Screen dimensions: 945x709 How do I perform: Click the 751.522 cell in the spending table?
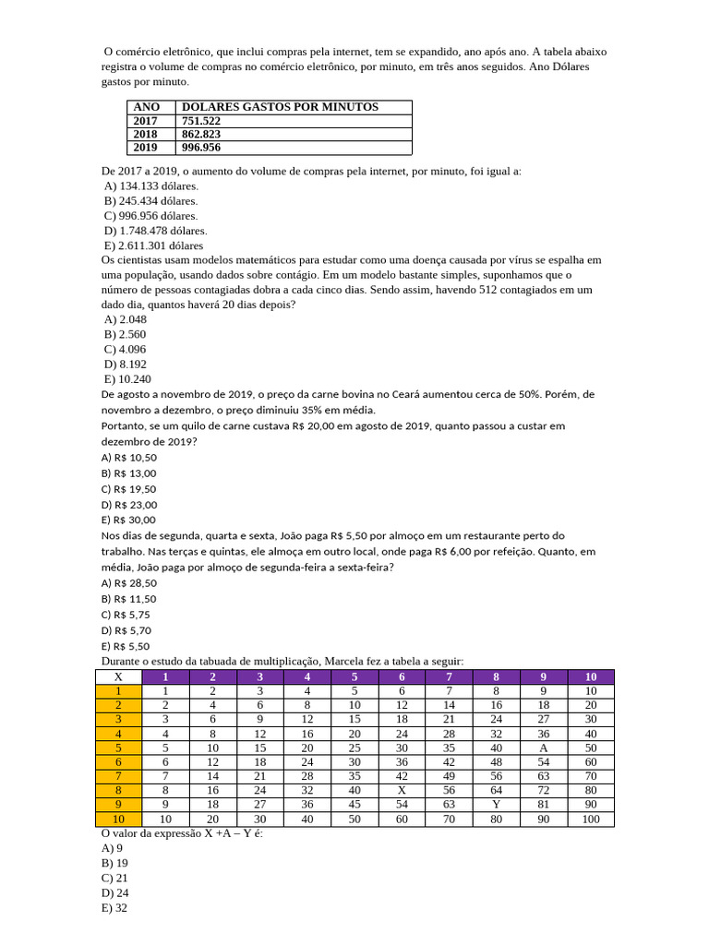[201, 121]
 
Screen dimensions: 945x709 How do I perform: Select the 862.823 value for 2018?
[201, 134]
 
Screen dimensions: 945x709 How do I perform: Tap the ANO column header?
[147, 107]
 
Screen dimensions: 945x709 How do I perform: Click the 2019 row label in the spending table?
[146, 147]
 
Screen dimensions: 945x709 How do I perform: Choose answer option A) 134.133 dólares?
[151, 185]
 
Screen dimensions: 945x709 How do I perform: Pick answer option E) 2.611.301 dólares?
[154, 245]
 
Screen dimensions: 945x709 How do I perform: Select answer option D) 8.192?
[126, 364]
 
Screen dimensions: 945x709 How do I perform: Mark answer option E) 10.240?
[128, 378]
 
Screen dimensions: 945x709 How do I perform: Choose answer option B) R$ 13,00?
[129, 472]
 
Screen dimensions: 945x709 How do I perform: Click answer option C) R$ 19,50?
[129, 488]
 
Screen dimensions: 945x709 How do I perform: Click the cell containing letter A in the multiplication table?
[543, 748]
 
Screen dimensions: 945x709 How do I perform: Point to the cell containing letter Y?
[496, 804]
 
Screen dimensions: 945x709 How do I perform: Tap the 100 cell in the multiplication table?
[591, 819]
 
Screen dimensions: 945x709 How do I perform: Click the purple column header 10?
[591, 676]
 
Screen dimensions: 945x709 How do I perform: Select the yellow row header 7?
[118, 776]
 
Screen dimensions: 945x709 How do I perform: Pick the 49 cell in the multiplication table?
[449, 776]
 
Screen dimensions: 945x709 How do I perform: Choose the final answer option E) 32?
[114, 908]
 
